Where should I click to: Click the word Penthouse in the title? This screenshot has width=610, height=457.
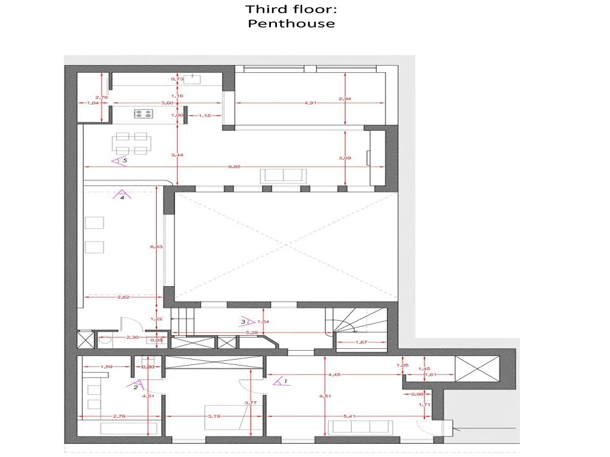pos(291,24)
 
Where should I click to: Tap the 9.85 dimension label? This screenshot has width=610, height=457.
pos(234,167)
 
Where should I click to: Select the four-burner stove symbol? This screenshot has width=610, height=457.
pos(142,113)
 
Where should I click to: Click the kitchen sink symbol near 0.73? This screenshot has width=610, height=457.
pos(192,78)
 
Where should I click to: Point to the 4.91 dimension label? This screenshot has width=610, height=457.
pos(310,103)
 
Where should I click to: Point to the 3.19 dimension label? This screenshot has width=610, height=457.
pos(213,416)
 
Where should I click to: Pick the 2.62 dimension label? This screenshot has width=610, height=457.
pos(124,297)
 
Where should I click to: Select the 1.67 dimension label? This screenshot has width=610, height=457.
pos(361,342)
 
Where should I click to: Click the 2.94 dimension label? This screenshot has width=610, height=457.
pos(344,99)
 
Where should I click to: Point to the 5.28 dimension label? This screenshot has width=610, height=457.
pos(252,332)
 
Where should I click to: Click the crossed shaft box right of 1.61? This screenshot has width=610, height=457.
pos(476,367)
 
